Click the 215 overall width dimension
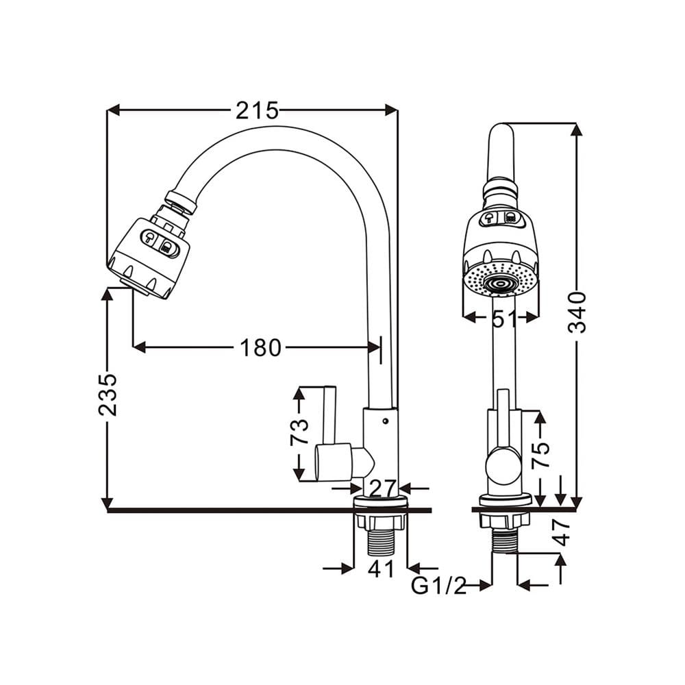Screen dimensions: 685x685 coord(257,110)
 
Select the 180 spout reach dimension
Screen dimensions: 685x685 coord(260,348)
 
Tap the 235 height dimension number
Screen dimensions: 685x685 coord(108,395)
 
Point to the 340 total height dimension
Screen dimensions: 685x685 coord(577,312)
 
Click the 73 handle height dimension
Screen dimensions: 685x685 coord(299,432)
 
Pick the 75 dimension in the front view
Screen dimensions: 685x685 coord(540,456)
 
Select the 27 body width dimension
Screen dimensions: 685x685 coord(383,488)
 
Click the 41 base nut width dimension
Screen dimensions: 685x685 coord(381,568)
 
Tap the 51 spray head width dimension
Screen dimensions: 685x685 coord(505,319)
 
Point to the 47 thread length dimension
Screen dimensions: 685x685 coord(562,532)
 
